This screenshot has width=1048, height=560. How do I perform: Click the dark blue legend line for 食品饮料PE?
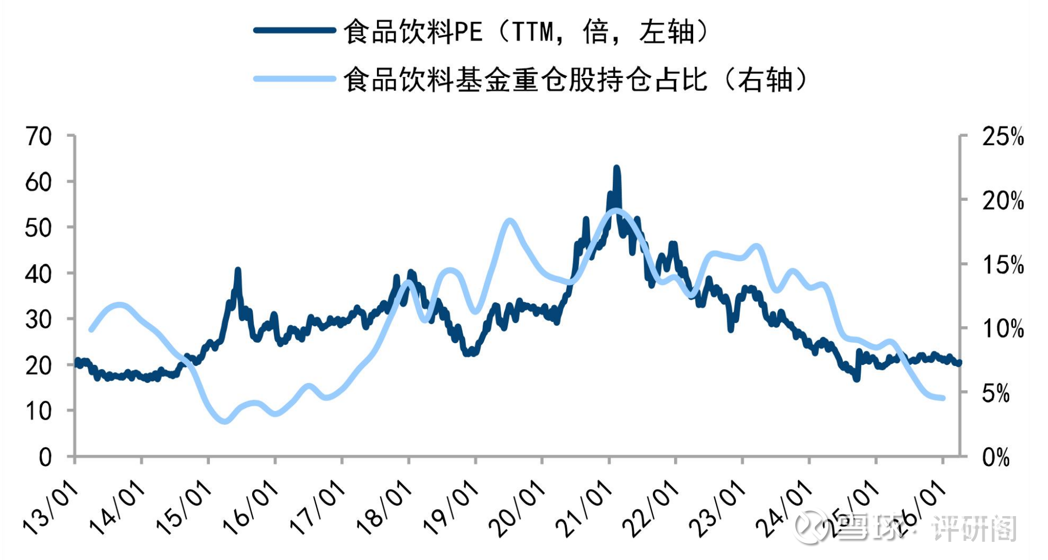pyautogui.click(x=294, y=30)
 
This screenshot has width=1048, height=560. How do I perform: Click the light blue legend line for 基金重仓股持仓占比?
pyautogui.click(x=294, y=79)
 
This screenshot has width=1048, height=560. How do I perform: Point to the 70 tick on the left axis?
pyautogui.click(x=39, y=137)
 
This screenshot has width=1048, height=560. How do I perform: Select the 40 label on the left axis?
pyautogui.click(x=39, y=274)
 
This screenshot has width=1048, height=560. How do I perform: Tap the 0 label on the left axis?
pyautogui.click(x=45, y=457)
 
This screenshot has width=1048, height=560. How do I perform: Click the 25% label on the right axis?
pyautogui.click(x=1003, y=137)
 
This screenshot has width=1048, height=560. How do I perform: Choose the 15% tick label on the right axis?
pyautogui.click(x=1003, y=265)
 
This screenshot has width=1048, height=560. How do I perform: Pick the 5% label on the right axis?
pyautogui.click(x=995, y=394)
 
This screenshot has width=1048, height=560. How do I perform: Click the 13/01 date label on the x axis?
pyautogui.click(x=51, y=508)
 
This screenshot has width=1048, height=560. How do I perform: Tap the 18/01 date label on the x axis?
pyautogui.click(x=384, y=508)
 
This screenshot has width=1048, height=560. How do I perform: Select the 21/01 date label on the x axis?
pyautogui.click(x=584, y=508)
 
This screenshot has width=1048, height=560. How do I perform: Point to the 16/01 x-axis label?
pyautogui.click(x=251, y=508)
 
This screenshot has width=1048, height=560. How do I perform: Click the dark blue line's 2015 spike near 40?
pyautogui.click(x=238, y=270)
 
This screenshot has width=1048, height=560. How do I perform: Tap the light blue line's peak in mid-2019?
pyautogui.click(x=510, y=221)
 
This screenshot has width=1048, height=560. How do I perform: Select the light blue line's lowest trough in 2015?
pyautogui.click(x=224, y=421)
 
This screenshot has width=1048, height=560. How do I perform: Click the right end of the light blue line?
pyautogui.click(x=943, y=398)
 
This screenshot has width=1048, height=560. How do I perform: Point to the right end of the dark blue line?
pyautogui.click(x=959, y=363)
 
